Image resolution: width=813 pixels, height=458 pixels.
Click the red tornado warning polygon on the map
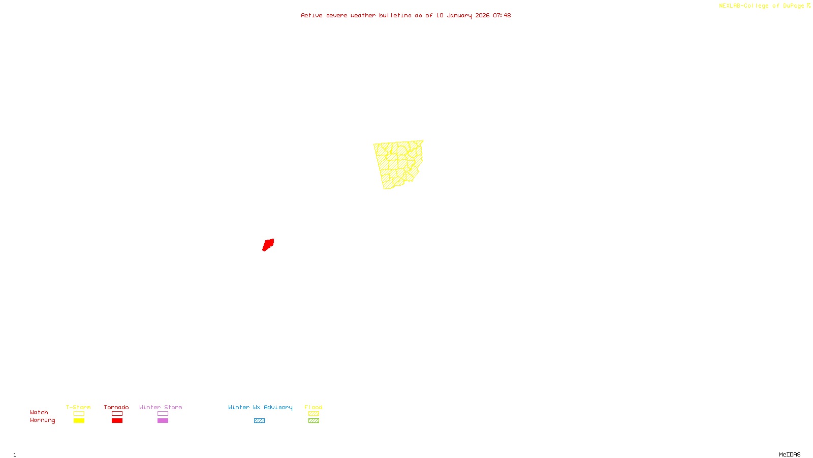pos(268,245)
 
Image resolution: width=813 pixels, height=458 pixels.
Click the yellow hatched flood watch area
pos(399,164)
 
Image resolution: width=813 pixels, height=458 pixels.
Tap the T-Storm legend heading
pos(78,407)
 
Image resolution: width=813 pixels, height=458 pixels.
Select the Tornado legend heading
pos(116,407)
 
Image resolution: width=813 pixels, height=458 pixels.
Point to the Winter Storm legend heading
pos(161,407)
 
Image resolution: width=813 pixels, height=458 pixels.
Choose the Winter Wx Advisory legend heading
pos(260,407)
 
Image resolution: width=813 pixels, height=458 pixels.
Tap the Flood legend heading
pos(314,407)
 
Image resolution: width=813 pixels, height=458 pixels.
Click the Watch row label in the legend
pos(39,412)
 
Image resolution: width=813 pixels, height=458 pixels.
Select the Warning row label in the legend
pos(43,420)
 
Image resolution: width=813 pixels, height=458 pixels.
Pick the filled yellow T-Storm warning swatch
pos(79,421)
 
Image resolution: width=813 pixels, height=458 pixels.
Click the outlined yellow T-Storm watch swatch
pos(79,414)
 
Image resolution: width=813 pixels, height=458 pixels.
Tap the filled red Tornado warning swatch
pos(117,421)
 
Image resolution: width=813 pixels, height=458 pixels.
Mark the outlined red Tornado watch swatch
pos(117,414)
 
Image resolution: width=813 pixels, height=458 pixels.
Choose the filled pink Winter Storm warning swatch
pos(163,421)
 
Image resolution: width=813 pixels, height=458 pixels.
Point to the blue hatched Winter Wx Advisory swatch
pos(259,421)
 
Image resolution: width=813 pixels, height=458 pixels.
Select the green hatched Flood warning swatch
pos(314,421)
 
